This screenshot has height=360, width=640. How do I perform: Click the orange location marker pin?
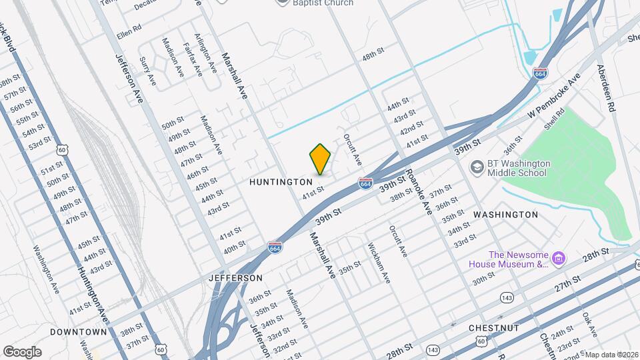coord(321,159)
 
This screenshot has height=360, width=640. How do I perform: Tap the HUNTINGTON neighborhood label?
coord(281,182)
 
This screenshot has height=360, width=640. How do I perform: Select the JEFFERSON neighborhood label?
coord(235,277)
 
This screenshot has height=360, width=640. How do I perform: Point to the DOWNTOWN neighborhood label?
coord(78,332)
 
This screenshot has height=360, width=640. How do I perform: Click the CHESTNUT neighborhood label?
coord(494,328)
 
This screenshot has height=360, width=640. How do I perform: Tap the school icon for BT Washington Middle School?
coord(477,167)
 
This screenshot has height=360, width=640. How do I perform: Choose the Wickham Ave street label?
coord(378,262)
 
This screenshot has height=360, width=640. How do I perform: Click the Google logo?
coord(22,351)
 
